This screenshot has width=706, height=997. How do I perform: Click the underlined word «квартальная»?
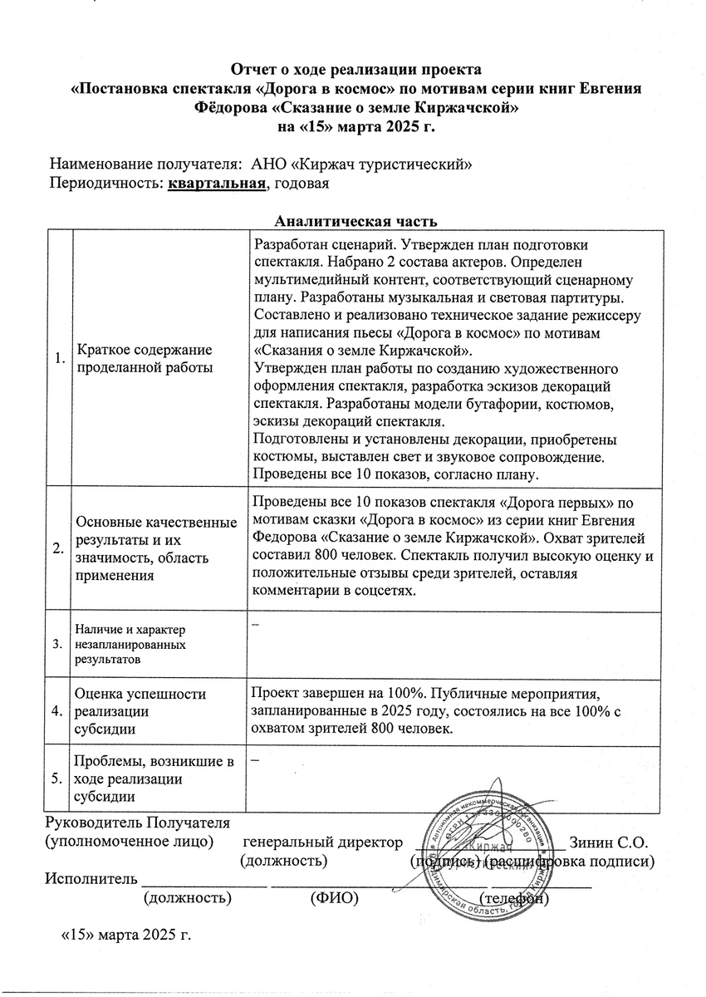216,183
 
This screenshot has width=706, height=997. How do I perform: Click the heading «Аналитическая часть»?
355,220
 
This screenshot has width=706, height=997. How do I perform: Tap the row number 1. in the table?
58,359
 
